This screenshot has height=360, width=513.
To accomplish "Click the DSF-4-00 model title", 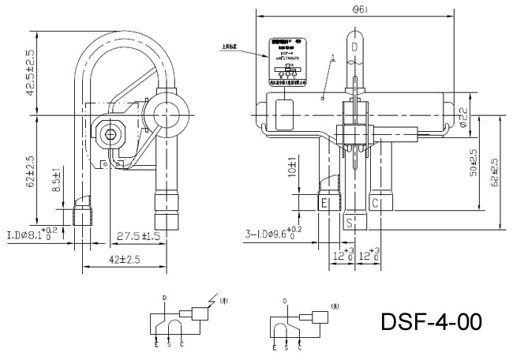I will (431, 322).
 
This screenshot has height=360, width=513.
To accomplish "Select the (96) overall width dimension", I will (358, 9).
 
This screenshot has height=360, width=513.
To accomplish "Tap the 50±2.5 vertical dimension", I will (473, 163).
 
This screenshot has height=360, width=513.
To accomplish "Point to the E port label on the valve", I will (324, 204).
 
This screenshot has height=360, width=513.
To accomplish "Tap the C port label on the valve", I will (376, 204).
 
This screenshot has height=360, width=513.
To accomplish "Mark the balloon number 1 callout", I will (334, 58).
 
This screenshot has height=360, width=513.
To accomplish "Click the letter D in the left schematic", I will (164, 298).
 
